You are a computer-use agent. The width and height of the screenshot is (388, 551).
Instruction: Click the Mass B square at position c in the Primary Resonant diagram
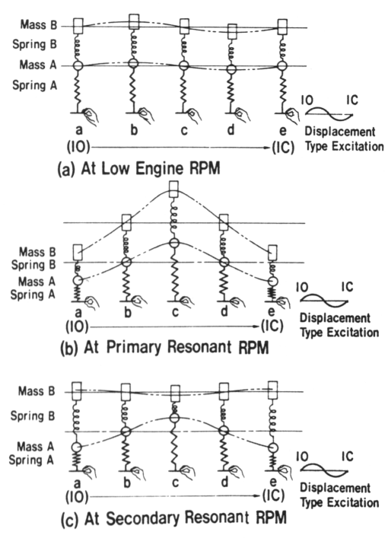pos(173,189)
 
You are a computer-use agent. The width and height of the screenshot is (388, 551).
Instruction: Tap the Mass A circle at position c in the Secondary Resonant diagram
pos(174,418)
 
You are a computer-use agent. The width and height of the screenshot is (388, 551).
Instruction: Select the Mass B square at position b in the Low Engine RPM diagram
pos(134,22)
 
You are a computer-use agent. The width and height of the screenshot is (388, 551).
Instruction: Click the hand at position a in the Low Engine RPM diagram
pos(91,115)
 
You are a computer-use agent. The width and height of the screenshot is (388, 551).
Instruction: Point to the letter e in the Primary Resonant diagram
pos(272,311)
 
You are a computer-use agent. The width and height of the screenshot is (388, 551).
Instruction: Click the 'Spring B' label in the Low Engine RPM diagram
pos(34,45)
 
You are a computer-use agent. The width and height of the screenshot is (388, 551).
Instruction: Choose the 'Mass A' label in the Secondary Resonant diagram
pos(36,447)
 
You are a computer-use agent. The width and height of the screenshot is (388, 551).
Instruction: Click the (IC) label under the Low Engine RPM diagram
pos(283,148)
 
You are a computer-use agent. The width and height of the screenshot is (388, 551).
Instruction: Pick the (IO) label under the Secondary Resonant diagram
pos(77,497)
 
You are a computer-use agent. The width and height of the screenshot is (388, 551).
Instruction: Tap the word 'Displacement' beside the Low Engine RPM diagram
pos(340,132)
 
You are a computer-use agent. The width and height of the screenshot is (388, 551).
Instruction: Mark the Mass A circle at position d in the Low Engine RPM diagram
pos(231,68)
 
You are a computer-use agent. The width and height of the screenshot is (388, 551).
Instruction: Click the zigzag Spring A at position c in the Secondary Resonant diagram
pos(174,445)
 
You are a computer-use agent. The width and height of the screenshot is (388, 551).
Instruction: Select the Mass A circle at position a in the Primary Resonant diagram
pos(78,280)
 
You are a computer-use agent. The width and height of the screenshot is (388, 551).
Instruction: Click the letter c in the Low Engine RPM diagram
pos(183,130)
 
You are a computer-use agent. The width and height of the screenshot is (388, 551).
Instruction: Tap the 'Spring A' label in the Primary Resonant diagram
pos(33,294)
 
